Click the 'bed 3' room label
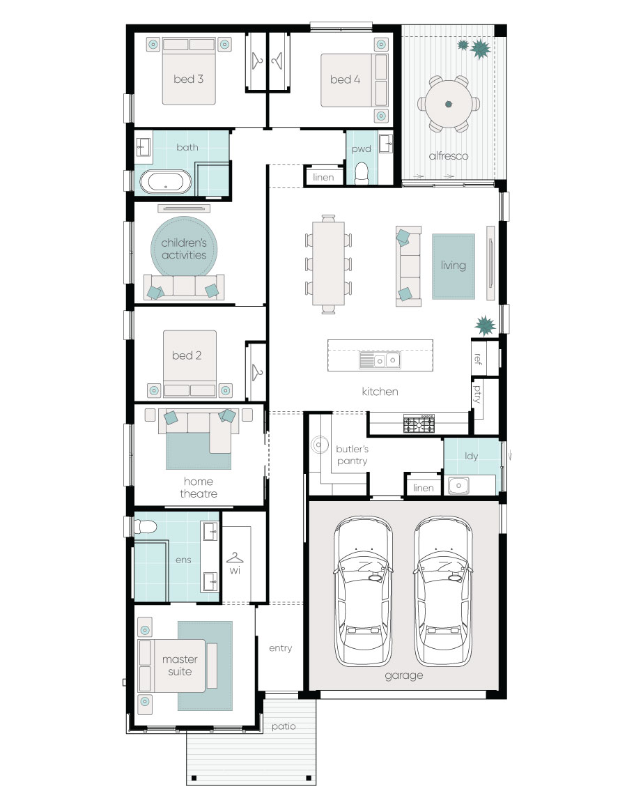(x=188, y=79)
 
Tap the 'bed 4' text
(x=345, y=79)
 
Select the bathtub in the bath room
(x=166, y=182)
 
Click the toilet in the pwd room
(x=362, y=173)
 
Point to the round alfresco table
(x=449, y=104)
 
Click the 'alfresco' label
(x=449, y=155)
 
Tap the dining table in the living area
(x=328, y=263)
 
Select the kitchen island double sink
(x=380, y=360)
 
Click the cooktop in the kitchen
(x=419, y=424)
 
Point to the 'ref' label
(x=477, y=359)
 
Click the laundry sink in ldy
(x=458, y=486)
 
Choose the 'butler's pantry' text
(x=353, y=455)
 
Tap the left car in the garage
(x=362, y=591)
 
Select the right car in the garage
(x=443, y=591)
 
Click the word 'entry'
(x=281, y=648)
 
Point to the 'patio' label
(x=284, y=726)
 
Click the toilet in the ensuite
(x=145, y=526)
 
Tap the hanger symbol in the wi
(x=235, y=558)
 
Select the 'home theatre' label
(x=199, y=488)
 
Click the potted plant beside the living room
(x=485, y=325)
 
